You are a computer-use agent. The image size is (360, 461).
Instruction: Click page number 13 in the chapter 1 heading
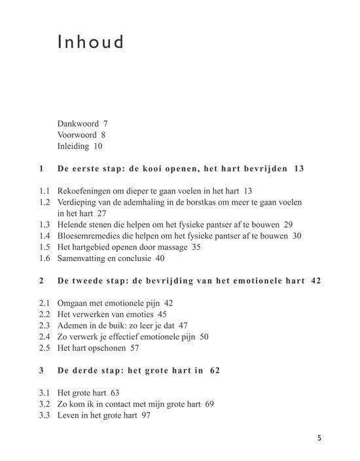pos(300,169)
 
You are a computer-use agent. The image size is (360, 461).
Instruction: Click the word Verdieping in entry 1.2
pos(79,202)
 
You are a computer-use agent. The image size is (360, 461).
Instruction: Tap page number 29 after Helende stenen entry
pos(289,225)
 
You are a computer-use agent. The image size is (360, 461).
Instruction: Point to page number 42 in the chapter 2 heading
pos(315,281)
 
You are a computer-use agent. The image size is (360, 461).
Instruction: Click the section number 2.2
pos(44,315)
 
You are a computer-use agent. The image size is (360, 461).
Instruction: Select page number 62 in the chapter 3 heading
pos(215,371)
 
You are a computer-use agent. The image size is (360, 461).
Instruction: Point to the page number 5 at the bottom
pos(319,439)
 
